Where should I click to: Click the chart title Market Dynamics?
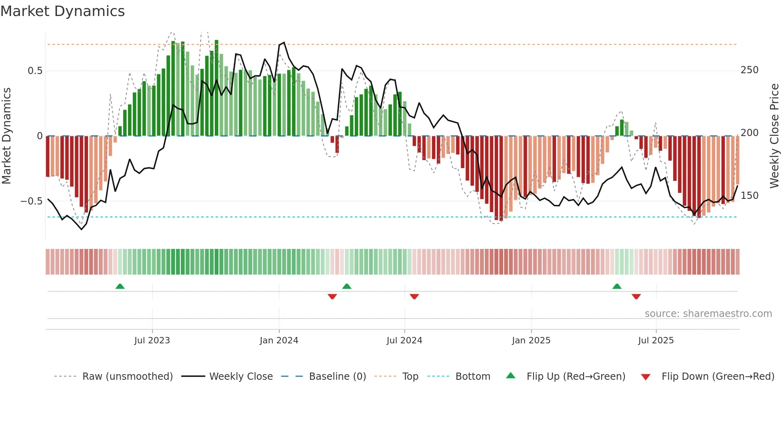[x=62, y=11]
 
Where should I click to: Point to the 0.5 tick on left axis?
[x=35, y=71]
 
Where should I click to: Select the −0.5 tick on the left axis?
[x=31, y=201]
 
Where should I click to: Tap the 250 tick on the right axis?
[x=749, y=70]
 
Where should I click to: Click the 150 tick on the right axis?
[x=749, y=196]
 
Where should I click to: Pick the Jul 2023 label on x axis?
[x=152, y=341]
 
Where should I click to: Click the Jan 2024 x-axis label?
[x=279, y=341]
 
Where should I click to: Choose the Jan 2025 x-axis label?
[x=531, y=341]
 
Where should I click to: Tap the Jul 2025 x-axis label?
[x=656, y=341]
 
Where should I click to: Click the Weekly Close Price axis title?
[x=774, y=136]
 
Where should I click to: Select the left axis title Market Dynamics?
[x=6, y=136]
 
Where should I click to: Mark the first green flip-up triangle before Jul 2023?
[x=120, y=286]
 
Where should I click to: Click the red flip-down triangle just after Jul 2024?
[x=414, y=297]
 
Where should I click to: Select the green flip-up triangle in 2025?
[x=617, y=286]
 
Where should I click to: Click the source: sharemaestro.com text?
[x=708, y=314]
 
